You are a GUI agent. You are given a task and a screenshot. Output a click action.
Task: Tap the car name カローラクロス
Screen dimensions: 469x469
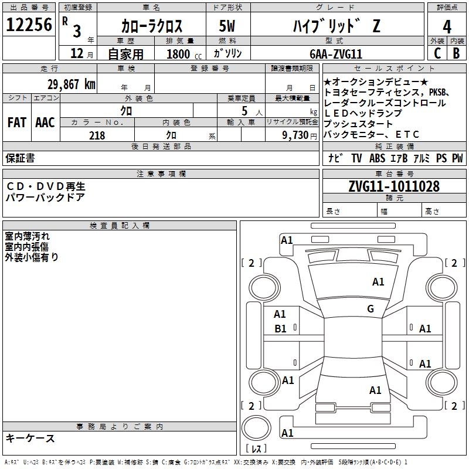pyautogui.click(x=151, y=26)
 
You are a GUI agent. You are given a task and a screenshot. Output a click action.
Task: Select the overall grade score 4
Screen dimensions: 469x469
pyautogui.click(x=447, y=27)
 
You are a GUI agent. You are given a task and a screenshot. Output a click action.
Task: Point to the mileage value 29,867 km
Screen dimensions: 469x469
pyautogui.click(x=71, y=84)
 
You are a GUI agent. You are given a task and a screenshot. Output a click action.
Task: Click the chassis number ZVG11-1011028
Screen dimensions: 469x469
pyautogui.click(x=393, y=187)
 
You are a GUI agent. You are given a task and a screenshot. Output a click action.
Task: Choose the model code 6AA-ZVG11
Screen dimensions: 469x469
pyautogui.click(x=336, y=53)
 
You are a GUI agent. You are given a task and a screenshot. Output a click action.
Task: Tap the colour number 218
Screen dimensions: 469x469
pyautogui.click(x=97, y=135)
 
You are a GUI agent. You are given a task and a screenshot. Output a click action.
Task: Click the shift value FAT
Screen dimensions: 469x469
pyautogui.click(x=16, y=123)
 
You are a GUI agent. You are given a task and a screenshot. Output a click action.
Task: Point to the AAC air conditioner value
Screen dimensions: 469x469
pyautogui.click(x=45, y=123)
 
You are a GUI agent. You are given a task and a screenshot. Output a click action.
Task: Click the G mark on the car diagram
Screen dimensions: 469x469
pyautogui.click(x=371, y=309)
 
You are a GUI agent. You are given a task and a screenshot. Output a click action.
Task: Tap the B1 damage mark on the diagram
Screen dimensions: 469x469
pyautogui.click(x=281, y=329)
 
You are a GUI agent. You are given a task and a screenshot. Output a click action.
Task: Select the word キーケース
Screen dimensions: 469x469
pyautogui.click(x=30, y=439)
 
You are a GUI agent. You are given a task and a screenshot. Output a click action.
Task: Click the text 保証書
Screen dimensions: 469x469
pyautogui.click(x=20, y=158)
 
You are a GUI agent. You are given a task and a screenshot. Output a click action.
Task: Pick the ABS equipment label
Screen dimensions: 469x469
pyautogui.click(x=378, y=158)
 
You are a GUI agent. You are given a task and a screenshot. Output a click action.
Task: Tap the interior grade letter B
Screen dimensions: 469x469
pyautogui.click(x=456, y=53)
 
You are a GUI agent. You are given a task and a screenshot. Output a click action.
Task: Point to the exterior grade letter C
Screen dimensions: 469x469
pyautogui.click(x=437, y=53)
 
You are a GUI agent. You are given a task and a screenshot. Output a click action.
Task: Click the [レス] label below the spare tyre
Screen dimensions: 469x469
pyautogui.click(x=256, y=450)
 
